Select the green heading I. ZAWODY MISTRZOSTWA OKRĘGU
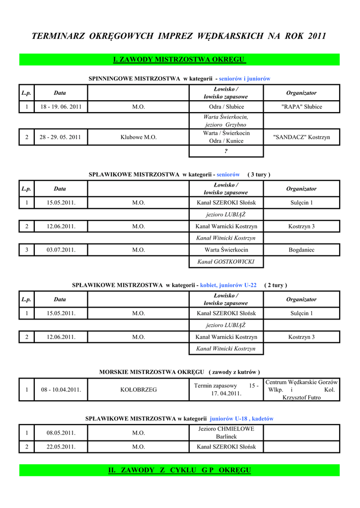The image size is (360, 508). [x=180, y=60]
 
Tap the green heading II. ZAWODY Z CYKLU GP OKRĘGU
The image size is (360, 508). [x=180, y=470]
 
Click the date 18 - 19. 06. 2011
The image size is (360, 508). [x=61, y=107]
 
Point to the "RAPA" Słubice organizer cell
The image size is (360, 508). [x=301, y=107]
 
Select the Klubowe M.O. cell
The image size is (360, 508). [x=139, y=137]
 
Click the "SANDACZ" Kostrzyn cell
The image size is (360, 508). [x=301, y=137]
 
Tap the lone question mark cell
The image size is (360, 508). [x=226, y=151]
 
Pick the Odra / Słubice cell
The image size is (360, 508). [x=226, y=107]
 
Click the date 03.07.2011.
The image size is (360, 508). [x=61, y=250]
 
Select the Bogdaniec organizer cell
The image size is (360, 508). [x=301, y=250]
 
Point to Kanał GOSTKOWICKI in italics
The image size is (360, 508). [x=226, y=261]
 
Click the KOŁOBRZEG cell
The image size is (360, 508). [x=139, y=389]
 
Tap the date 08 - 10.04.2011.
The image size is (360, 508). [x=61, y=389]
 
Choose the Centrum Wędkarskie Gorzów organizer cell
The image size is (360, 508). [x=301, y=389]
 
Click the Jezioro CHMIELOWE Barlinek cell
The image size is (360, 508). [x=226, y=433]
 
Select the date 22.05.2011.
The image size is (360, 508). [x=61, y=446]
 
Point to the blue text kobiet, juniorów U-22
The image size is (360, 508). [x=228, y=285]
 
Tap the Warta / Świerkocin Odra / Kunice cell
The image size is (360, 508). [x=226, y=137]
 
